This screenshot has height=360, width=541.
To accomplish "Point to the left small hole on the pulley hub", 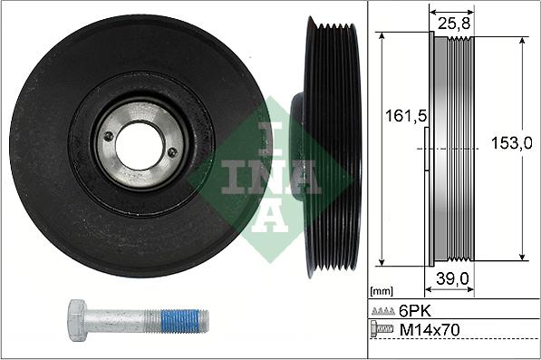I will [x=109, y=137].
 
